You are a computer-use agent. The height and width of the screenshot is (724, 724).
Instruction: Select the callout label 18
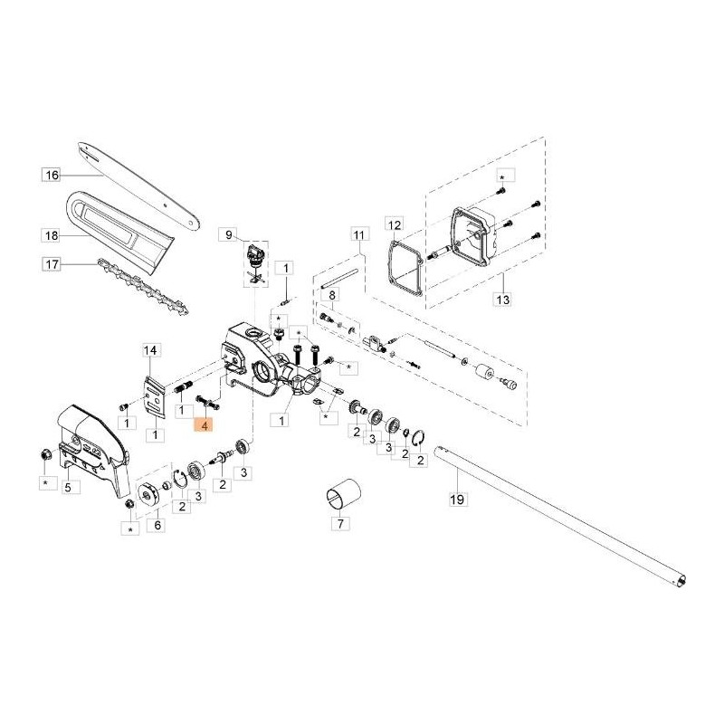(x=51, y=235)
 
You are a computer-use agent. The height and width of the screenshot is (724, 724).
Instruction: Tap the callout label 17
(x=51, y=264)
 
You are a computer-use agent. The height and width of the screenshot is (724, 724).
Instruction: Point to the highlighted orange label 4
(x=206, y=425)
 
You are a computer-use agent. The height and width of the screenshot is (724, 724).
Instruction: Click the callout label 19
(x=456, y=498)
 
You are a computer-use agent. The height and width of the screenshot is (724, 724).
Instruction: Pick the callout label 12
(x=394, y=224)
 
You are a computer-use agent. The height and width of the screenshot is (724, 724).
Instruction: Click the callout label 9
(x=229, y=235)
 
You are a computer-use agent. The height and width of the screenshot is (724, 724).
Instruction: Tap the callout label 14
(x=150, y=349)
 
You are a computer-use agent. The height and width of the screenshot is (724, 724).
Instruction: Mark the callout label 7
(x=340, y=523)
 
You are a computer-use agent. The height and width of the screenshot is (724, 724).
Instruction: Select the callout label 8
(x=332, y=295)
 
